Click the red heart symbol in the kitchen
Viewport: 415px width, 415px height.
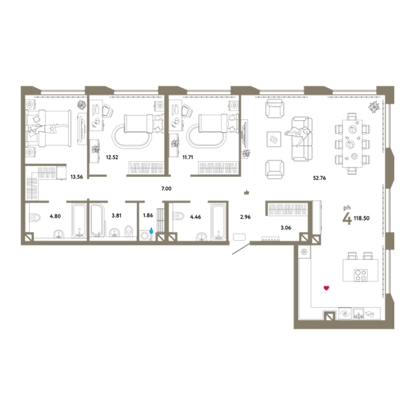coord(326,288)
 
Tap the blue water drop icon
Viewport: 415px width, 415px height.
coord(151,230)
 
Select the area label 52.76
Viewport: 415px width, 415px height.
coord(320,178)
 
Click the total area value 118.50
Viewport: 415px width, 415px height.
coord(362,219)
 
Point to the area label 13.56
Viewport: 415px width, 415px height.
coord(77,177)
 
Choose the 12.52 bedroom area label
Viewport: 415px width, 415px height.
coord(112,157)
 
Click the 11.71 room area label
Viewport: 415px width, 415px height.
coord(187,157)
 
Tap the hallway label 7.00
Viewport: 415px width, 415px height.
coord(166,188)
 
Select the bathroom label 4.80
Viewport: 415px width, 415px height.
coord(55,216)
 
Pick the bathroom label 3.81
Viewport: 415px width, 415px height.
coord(116,216)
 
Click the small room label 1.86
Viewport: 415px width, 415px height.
coord(148,215)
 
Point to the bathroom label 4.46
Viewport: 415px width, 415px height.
coord(196,217)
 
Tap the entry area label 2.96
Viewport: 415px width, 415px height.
coord(246,217)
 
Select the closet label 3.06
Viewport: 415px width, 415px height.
coord(286,228)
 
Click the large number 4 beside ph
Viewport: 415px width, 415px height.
coord(347,219)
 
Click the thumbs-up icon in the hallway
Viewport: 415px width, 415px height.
coord(247,192)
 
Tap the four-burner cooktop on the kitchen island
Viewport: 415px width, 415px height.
coord(361,275)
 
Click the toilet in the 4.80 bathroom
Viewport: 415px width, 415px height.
coord(35,218)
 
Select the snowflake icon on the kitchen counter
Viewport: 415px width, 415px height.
coord(304,252)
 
